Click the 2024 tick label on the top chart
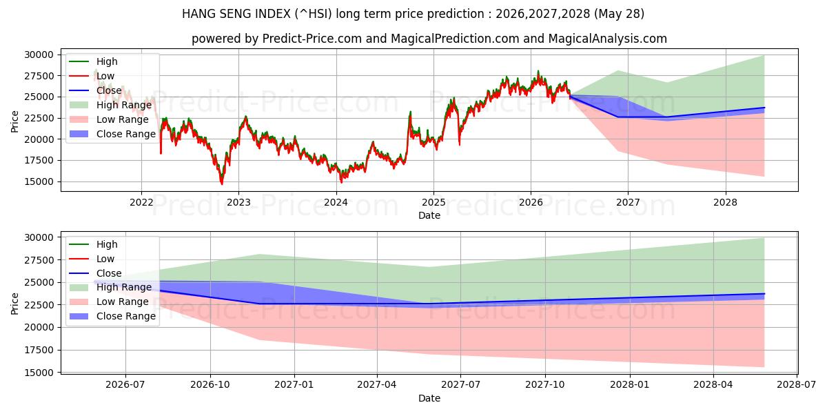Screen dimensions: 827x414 click(336, 203)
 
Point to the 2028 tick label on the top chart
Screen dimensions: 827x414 click(725, 203)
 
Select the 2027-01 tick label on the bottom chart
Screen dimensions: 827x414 click(294, 385)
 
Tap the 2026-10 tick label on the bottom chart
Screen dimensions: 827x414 click(210, 385)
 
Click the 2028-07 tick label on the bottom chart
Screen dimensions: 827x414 click(797, 385)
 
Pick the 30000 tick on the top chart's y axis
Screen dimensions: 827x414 click(39, 55)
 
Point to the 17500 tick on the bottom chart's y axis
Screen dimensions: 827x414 click(39, 350)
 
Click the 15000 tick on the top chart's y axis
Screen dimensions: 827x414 click(39, 182)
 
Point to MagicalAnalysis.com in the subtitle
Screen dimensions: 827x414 click(607, 39)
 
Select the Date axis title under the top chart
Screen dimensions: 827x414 click(429, 215)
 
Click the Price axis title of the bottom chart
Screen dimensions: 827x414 click(14, 304)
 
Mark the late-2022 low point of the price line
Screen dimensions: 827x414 click(221, 184)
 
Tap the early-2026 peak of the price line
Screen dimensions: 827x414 click(538, 71)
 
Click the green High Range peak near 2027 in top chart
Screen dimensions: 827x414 click(618, 70)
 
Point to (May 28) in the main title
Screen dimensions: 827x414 click(619, 14)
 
